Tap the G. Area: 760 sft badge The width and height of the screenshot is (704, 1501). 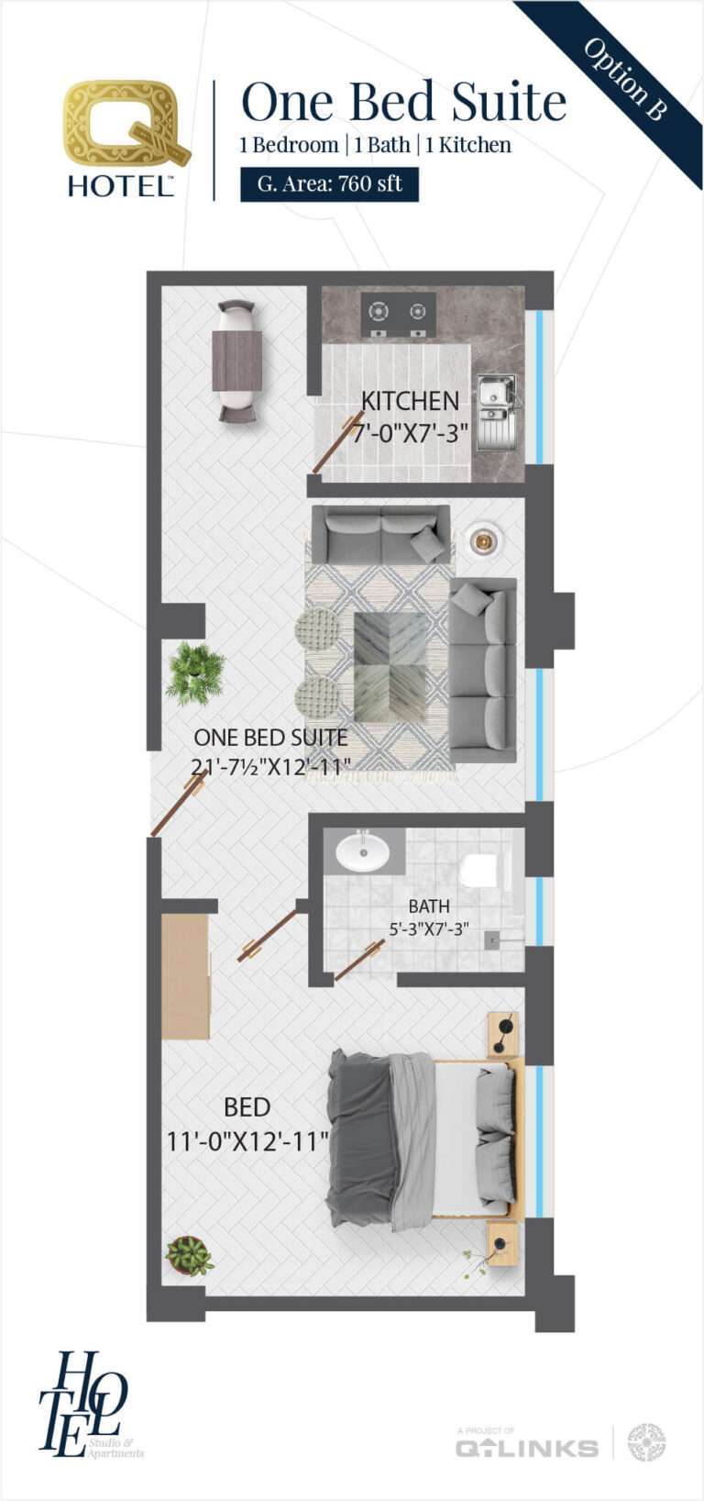point(329,183)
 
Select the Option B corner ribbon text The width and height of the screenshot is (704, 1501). point(625,79)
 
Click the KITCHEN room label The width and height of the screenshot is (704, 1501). point(410,401)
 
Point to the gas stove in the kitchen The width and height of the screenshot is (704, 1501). point(398,314)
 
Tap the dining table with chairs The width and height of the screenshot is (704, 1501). point(236,361)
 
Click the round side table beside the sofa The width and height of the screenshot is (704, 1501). point(481,540)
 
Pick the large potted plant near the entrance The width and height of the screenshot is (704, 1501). point(195,673)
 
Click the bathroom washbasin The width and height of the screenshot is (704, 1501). point(362,851)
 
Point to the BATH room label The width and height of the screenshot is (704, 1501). point(429,906)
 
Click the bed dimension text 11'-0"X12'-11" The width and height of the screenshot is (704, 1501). point(247,1141)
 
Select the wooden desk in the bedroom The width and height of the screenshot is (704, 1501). point(185,976)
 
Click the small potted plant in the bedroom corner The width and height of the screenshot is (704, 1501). point(190,1255)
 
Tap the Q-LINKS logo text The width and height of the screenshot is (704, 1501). point(527,1449)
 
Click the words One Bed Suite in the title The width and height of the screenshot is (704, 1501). point(403,102)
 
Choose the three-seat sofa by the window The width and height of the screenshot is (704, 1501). point(482,670)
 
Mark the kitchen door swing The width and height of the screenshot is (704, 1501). point(337,442)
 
